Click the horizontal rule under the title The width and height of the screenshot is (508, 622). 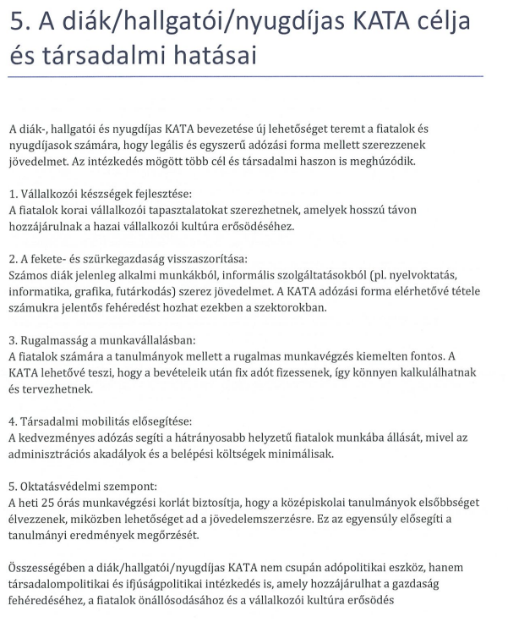[x=245, y=77]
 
